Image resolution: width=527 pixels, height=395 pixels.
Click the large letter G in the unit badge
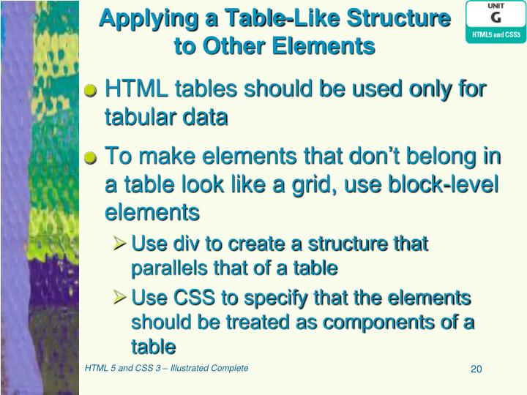(x=496, y=17)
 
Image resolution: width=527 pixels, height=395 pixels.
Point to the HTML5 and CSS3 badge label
(x=496, y=34)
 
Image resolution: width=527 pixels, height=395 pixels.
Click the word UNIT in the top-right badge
(x=496, y=6)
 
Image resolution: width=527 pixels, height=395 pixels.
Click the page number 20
(x=476, y=369)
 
